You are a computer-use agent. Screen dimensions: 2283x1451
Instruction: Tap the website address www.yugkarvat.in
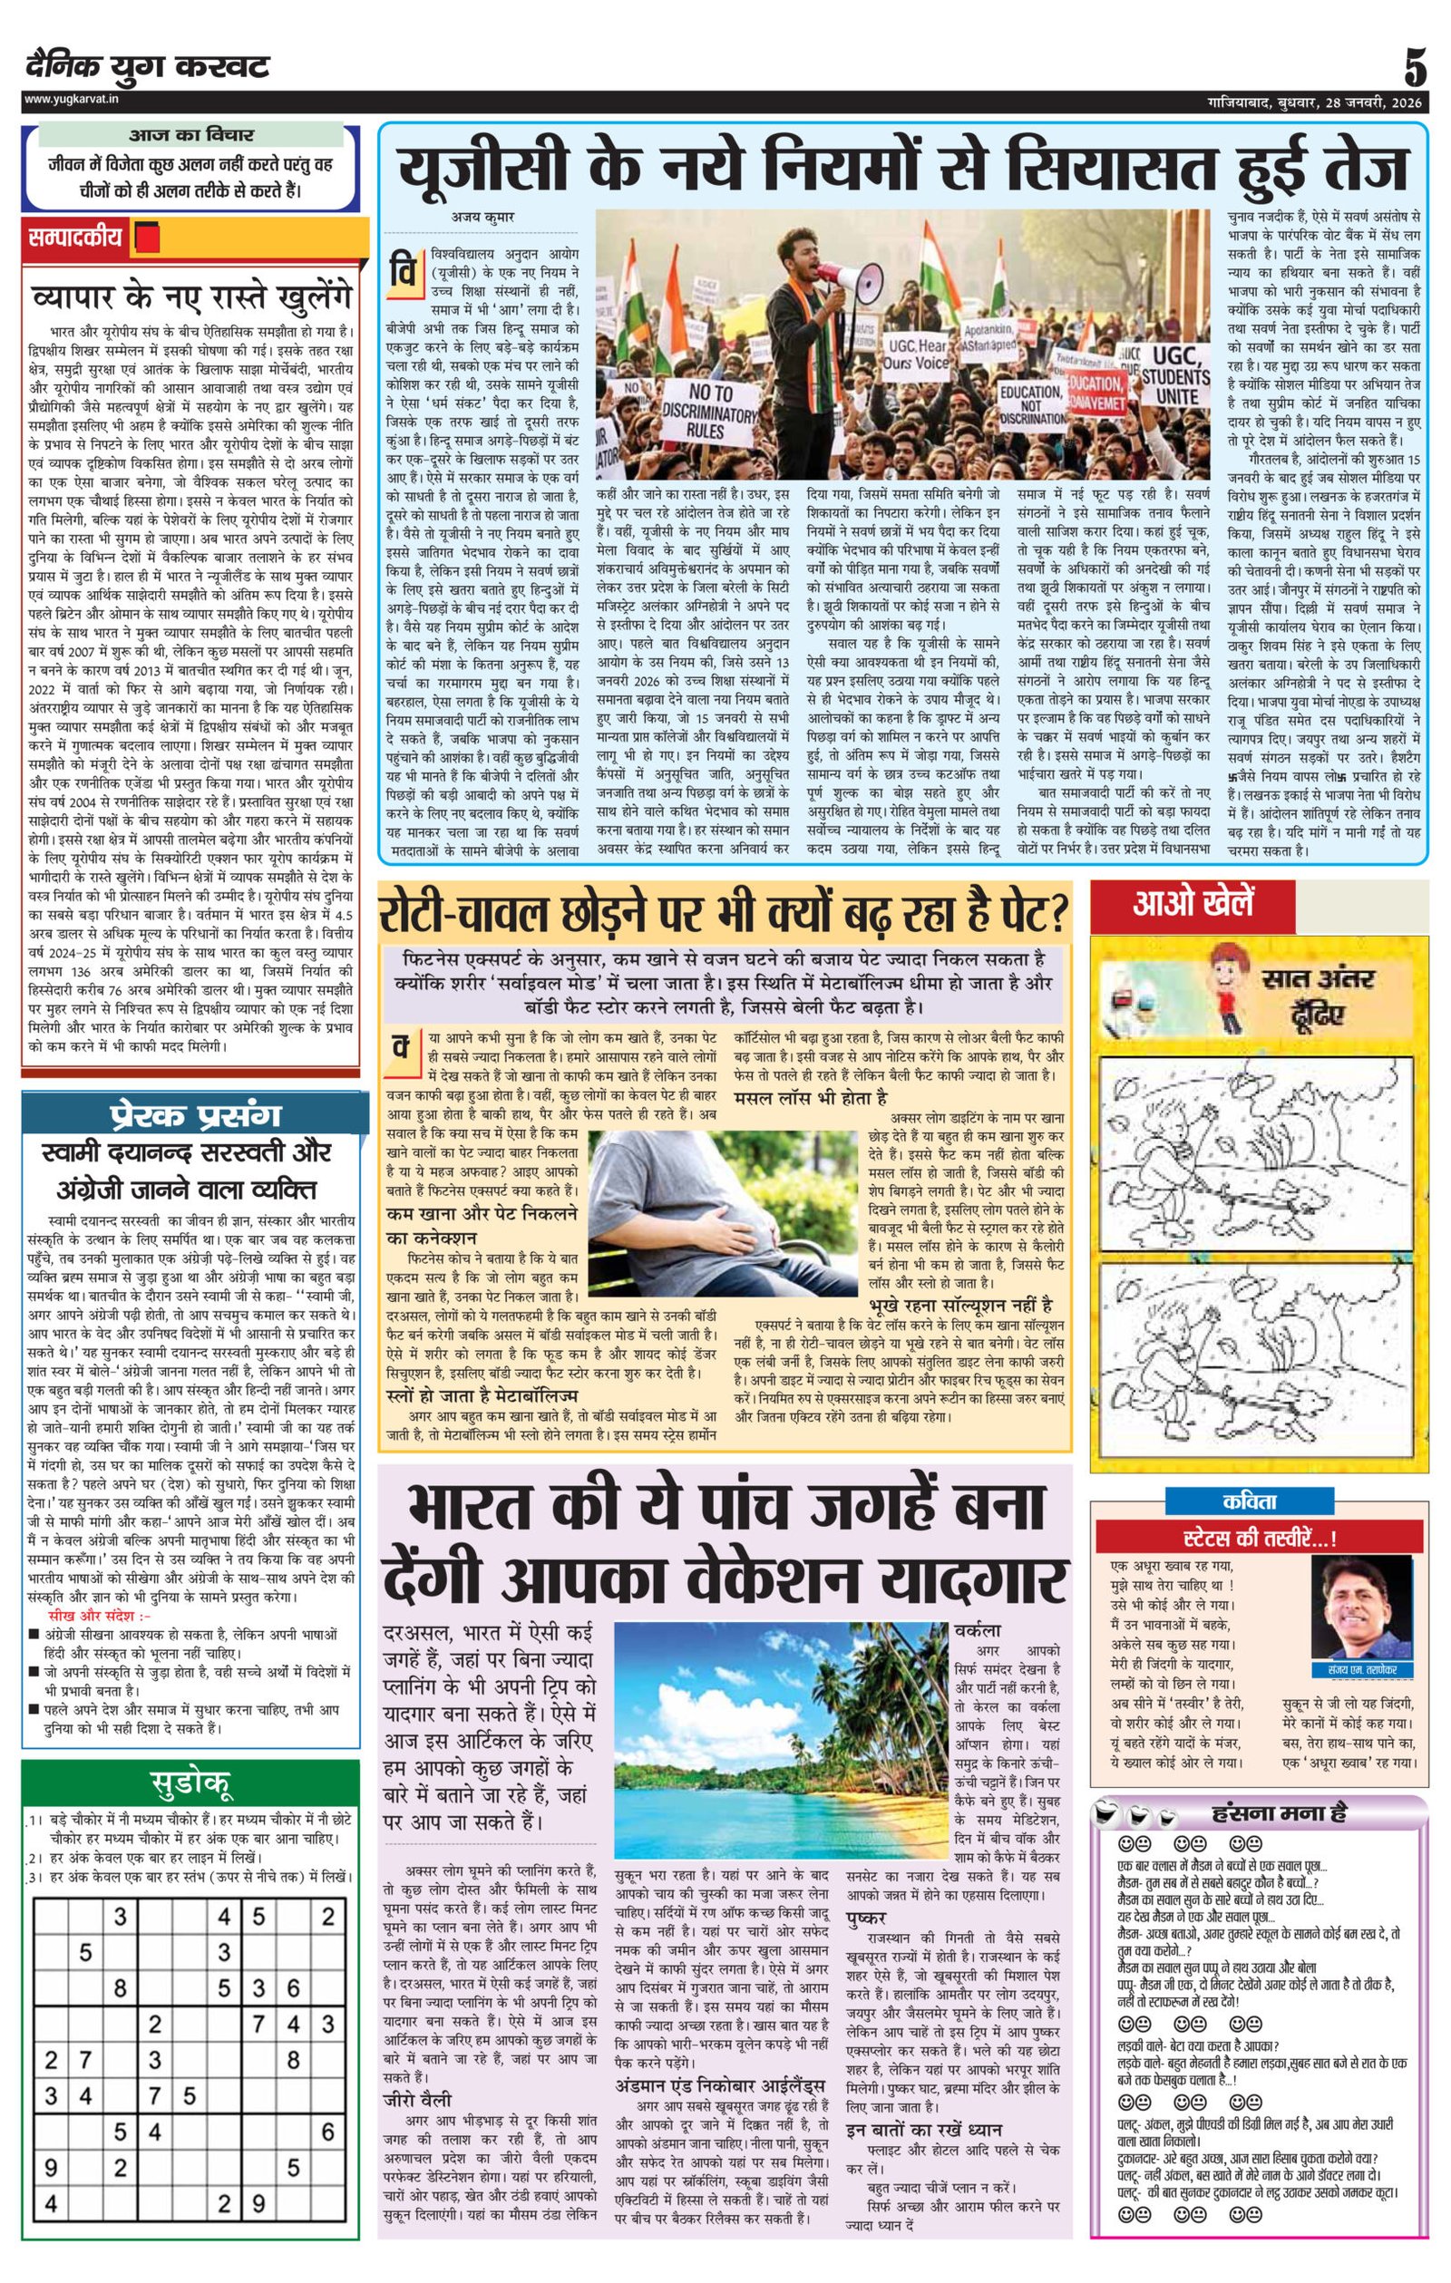[67, 99]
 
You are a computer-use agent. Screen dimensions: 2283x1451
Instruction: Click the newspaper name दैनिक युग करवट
[148, 66]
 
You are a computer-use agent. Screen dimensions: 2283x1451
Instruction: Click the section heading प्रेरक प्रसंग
[193, 1115]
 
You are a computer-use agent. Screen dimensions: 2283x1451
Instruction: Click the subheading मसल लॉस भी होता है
[811, 1098]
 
